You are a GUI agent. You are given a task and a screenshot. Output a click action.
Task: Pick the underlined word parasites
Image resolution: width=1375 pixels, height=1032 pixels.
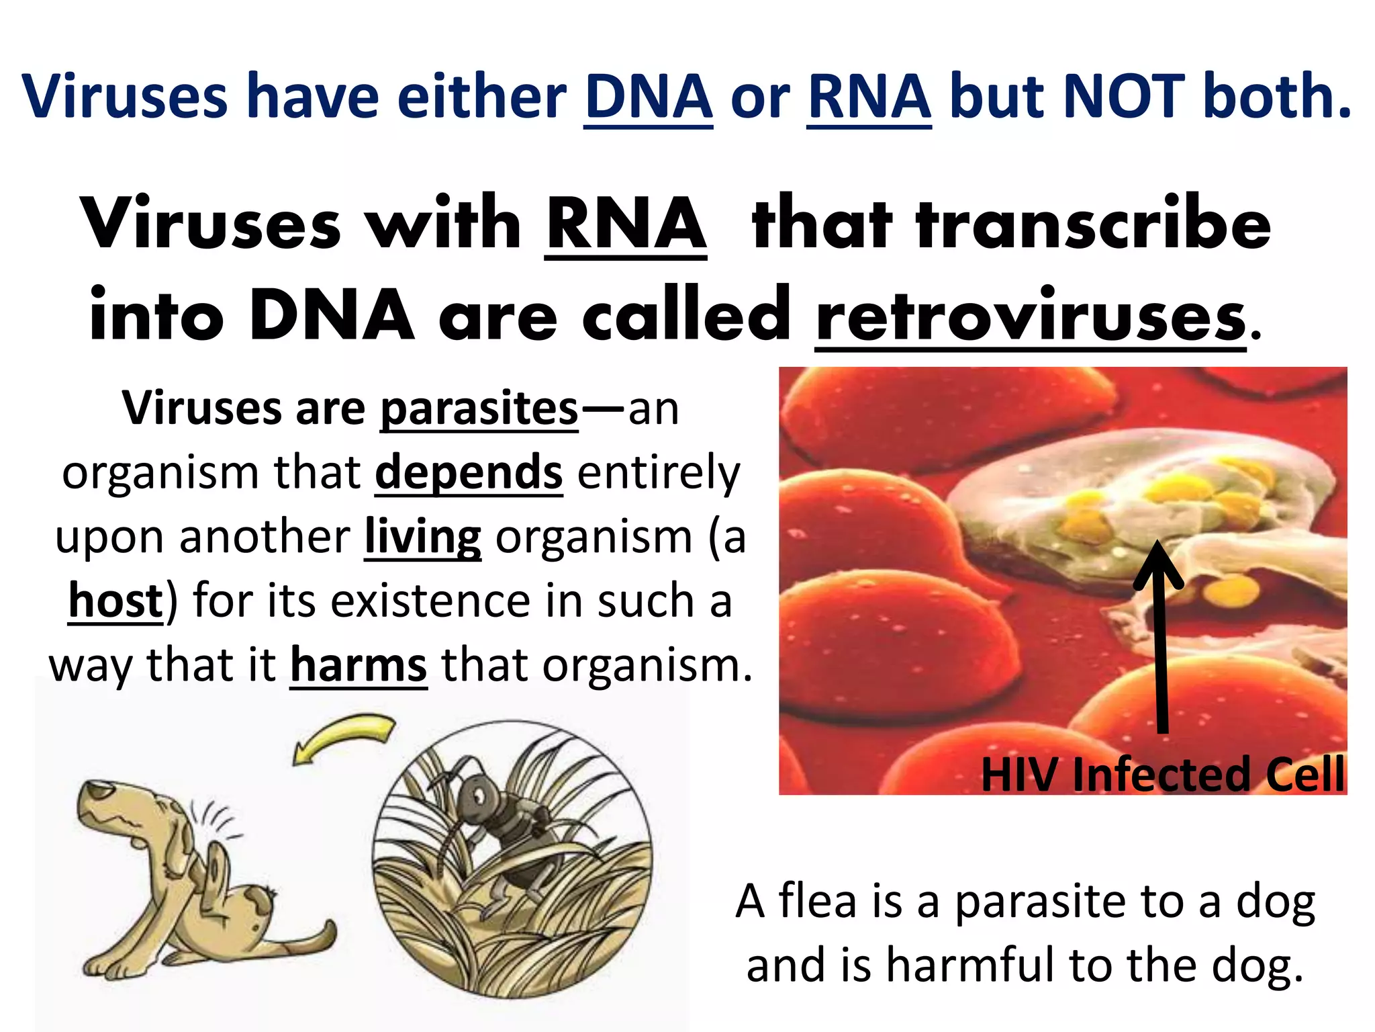[x=479, y=408]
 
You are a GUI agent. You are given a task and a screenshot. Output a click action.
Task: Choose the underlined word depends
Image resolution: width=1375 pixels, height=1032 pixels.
[x=469, y=472]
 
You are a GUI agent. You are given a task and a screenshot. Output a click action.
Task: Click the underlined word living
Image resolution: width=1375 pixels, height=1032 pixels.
[x=422, y=537]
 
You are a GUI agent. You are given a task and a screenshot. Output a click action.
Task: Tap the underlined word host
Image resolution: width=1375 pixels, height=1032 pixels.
[x=115, y=600]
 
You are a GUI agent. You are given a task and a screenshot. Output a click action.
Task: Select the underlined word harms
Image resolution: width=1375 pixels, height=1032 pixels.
[x=359, y=664]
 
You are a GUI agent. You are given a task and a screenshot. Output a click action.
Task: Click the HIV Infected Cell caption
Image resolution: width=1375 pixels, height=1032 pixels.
[x=1162, y=774]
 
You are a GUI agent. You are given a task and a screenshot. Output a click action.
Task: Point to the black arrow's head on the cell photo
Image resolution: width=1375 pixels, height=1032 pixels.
[x=1157, y=562]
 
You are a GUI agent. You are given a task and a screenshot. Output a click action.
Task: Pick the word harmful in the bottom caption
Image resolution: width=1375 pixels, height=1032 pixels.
[x=970, y=965]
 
